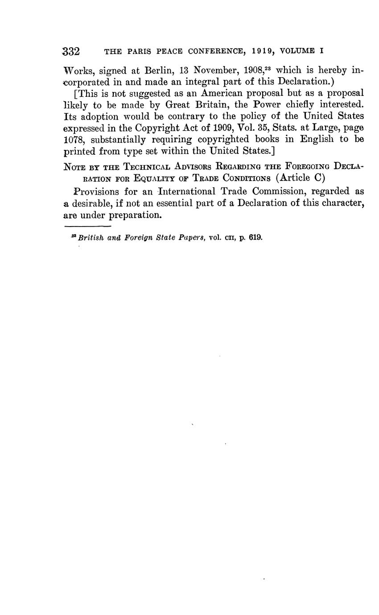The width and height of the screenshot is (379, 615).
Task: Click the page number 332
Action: [71, 51]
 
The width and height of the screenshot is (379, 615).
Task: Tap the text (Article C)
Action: [301, 178]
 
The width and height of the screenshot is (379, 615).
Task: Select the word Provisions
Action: [96, 192]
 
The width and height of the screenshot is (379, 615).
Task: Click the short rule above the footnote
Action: [91, 226]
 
